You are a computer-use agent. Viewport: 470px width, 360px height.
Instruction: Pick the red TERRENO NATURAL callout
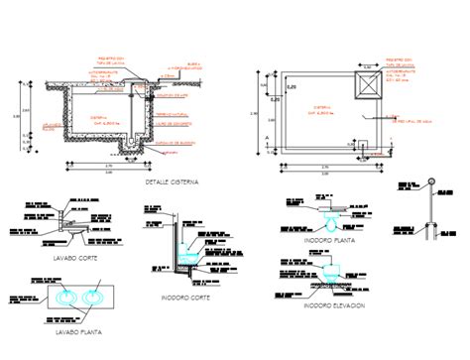(171, 114)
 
